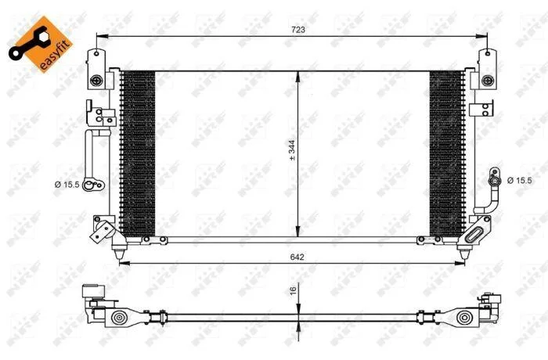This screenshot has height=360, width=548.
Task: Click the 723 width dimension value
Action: point(298,30)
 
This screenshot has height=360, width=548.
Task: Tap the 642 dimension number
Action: point(297,257)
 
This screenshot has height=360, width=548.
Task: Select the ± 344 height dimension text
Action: point(292,150)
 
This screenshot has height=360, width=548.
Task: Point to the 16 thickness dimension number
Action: point(294,290)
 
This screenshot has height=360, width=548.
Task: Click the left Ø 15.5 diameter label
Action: point(67,185)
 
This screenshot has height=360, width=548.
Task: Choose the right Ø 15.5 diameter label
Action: point(519,180)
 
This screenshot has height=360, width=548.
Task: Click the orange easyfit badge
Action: point(41,44)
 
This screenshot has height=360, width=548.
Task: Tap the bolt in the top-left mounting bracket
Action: point(96,81)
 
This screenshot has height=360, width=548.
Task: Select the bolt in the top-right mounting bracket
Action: point(487,81)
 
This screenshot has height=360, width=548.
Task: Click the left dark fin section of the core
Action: point(138,154)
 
